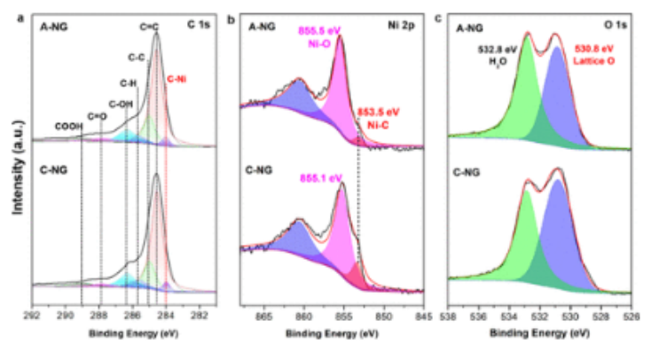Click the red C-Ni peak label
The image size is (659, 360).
[x=177, y=79]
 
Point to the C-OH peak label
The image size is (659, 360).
[x=120, y=104]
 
